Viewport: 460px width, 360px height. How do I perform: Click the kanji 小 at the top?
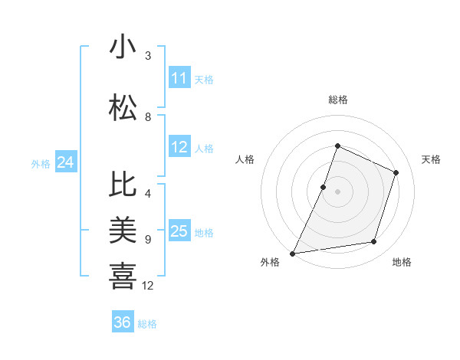tap(123, 47)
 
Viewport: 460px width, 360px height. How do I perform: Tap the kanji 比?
tap(123, 185)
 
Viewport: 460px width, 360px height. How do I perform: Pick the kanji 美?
tap(123, 229)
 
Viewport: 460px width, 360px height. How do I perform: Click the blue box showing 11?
tap(179, 78)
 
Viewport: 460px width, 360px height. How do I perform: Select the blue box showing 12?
tap(179, 148)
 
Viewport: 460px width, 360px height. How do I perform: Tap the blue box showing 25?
tap(179, 232)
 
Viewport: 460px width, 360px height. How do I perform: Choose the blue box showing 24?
tap(66, 162)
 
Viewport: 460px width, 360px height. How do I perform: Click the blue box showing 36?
tap(123, 322)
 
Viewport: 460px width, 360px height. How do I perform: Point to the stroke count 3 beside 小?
tap(148, 56)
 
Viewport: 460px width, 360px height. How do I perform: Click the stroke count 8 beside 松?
tap(148, 117)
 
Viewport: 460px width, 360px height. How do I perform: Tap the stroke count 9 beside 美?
tap(148, 240)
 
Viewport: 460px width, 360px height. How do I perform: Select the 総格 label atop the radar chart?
tap(337, 100)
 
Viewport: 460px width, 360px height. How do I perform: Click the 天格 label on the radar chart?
tap(431, 159)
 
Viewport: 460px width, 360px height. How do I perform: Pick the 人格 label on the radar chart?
tap(245, 159)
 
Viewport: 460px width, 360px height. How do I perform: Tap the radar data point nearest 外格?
tap(292, 253)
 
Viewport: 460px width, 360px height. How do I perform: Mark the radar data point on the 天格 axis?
tap(396, 172)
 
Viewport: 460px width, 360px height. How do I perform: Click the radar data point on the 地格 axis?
tap(374, 242)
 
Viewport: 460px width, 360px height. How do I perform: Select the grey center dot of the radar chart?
tap(337, 191)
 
